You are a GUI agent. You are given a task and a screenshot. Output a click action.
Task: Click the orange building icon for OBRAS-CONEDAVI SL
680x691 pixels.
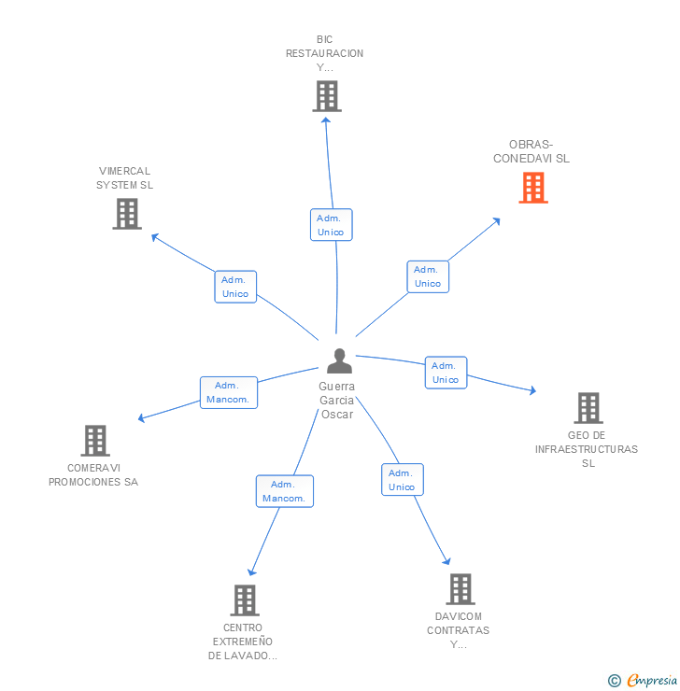click(533, 188)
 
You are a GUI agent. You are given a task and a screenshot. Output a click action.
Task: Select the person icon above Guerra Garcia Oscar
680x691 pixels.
click(339, 360)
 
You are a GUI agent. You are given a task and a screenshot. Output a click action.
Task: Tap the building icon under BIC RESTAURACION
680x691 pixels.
click(326, 96)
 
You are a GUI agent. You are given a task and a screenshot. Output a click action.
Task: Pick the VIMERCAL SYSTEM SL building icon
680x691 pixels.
click(126, 214)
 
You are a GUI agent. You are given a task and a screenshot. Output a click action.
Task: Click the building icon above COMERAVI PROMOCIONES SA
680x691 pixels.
click(94, 441)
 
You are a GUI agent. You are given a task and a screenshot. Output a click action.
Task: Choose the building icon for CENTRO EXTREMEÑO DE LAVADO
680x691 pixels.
click(244, 600)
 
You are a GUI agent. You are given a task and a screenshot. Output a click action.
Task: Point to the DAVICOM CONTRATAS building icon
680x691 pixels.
click(460, 589)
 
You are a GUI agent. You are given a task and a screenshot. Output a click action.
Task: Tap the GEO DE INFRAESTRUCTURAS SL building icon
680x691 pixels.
click(588, 408)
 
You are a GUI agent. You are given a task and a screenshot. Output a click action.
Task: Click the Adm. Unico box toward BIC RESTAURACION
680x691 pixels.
click(331, 225)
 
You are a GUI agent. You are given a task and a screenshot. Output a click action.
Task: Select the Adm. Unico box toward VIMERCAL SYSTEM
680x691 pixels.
click(235, 287)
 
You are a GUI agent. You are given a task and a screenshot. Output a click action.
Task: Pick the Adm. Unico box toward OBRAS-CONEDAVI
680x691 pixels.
click(428, 276)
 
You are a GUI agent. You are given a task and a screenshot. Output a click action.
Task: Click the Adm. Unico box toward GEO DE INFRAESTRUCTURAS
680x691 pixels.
click(446, 373)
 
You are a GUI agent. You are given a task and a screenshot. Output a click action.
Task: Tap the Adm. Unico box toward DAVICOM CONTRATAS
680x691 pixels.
click(402, 480)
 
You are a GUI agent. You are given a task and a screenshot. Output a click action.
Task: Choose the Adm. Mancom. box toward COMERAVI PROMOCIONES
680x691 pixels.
click(228, 392)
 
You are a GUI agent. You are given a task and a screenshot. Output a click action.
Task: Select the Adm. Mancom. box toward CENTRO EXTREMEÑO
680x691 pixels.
click(284, 491)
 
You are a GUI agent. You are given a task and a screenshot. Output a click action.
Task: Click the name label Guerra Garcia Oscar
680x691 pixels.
click(336, 401)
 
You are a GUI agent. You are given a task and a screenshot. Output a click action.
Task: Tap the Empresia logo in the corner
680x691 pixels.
click(645, 681)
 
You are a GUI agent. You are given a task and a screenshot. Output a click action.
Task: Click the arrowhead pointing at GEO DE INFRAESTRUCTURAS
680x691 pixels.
click(533, 390)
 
